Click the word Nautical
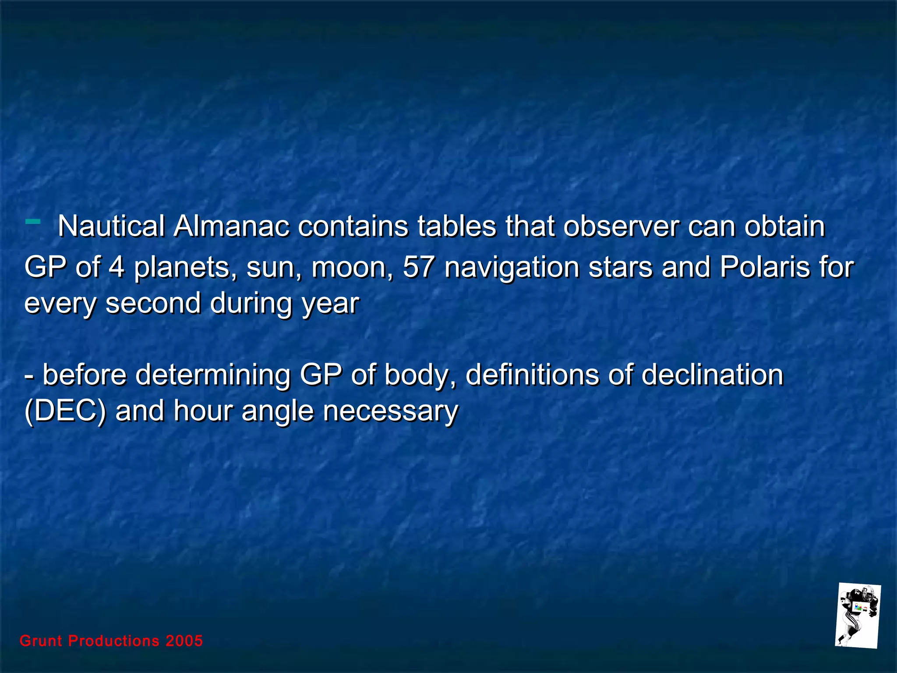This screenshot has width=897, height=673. tap(111, 227)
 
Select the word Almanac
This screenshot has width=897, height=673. tap(231, 227)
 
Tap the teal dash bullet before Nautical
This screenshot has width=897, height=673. tap(33, 221)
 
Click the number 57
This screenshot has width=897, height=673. tap(418, 267)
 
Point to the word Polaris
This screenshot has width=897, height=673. tap(765, 267)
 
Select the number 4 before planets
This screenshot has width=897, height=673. tap(117, 267)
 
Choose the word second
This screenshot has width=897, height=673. tap(153, 303)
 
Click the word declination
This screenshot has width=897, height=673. tap(712, 375)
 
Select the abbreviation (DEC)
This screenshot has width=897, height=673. tap(65, 411)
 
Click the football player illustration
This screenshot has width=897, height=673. tap(857, 616)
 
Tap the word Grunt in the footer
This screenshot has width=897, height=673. tap(41, 641)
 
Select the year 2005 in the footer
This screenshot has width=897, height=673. tap(184, 641)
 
